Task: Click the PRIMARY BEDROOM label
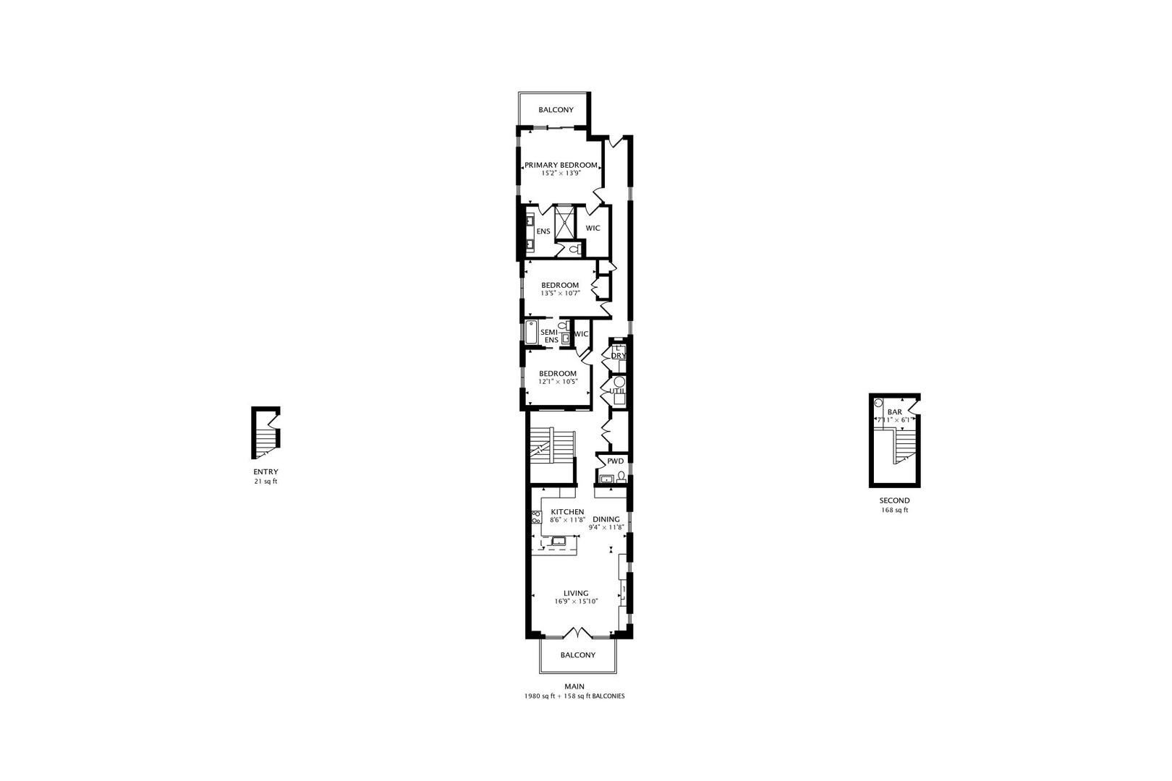pos(561,165)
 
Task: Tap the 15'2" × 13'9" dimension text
pos(561,174)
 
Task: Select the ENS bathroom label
pos(543,231)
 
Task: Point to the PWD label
pos(615,461)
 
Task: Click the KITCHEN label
pos(567,512)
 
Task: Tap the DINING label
pos(606,519)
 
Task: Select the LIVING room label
pos(576,593)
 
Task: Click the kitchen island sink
pos(559,540)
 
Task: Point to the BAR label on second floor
pos(894,412)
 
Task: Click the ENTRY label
pos(266,471)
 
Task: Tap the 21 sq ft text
pos(266,481)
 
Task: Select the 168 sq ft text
pos(894,510)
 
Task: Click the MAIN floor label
pos(574,686)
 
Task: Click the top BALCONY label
pos(556,110)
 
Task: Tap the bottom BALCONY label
pos(578,655)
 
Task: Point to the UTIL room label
pos(616,391)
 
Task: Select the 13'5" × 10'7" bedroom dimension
pos(560,294)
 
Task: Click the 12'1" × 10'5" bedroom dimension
pos(558,382)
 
